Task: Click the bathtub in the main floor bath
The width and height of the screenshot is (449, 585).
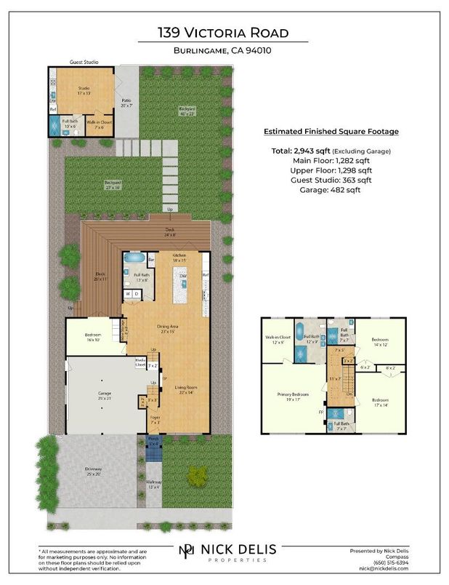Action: click(135, 258)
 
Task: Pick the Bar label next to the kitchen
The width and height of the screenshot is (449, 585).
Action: click(152, 258)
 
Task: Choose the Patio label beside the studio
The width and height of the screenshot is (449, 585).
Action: click(127, 103)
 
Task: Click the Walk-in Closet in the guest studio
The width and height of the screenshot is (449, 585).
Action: click(98, 124)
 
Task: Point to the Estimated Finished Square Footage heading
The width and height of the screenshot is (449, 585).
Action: click(330, 132)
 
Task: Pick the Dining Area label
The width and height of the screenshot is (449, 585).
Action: click(167, 328)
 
